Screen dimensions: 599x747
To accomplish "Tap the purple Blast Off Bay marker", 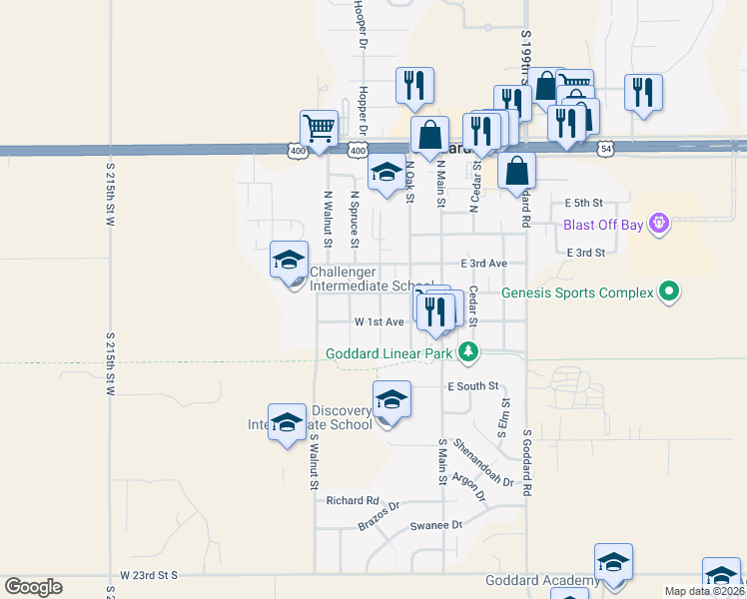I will point(658,223).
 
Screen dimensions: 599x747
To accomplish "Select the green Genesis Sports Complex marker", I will point(670,293).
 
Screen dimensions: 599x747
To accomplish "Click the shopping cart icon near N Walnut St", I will point(319,129).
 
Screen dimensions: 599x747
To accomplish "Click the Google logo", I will point(33,587).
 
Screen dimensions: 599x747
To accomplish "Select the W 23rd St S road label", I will point(149,576).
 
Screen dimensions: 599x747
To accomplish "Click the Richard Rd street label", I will point(353,500).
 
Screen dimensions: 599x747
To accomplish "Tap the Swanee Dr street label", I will point(436,525).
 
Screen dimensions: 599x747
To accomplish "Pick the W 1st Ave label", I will point(379,322).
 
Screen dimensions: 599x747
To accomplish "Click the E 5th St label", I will point(585,202).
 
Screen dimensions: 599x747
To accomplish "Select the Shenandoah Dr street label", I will point(483,462).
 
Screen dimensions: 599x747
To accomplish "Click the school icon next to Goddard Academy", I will point(613,562).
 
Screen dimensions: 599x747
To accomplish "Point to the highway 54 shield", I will point(607,149).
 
